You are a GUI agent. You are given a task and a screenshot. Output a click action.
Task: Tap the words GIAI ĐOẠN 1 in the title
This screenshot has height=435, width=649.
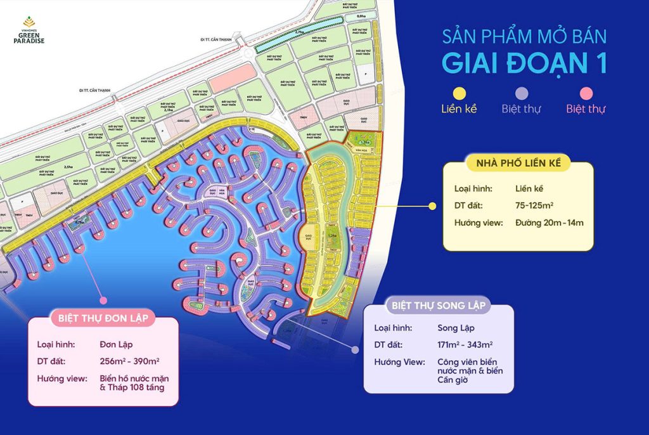[524, 63]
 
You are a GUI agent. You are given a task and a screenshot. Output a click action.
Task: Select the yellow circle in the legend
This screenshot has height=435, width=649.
[460, 93]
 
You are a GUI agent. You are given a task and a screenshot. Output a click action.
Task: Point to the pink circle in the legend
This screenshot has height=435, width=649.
[586, 93]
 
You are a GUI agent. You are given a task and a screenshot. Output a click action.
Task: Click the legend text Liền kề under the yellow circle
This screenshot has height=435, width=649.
[459, 108]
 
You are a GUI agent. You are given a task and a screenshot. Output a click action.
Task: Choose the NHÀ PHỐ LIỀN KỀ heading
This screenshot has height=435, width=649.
[518, 164]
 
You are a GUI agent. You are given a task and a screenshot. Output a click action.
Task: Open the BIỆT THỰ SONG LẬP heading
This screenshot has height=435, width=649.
[439, 306]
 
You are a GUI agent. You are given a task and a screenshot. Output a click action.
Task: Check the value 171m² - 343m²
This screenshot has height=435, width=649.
[465, 345]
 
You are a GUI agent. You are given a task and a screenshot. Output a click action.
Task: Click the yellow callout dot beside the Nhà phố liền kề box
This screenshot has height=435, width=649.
[433, 206]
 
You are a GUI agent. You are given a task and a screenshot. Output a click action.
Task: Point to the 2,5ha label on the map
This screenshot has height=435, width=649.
[68, 167]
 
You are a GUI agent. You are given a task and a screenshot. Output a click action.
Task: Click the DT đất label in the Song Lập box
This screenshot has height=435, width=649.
[389, 345]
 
